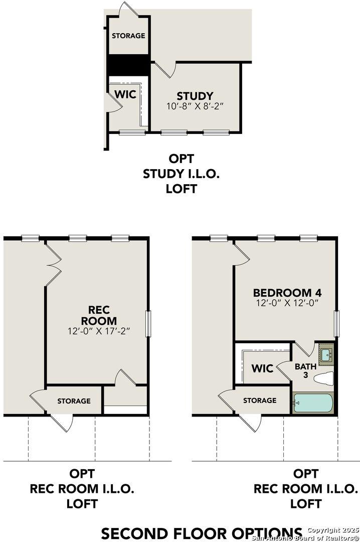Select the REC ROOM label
point(99,315)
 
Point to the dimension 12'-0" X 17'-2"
point(99,331)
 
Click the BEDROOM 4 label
point(287,293)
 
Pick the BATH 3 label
point(305,370)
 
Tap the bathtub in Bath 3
point(312,402)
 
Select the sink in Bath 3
point(325,354)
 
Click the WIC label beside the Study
point(125,94)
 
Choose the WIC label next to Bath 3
point(262,369)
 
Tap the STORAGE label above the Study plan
point(128,36)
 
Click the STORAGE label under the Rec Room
point(74,400)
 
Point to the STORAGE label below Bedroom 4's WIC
point(260,400)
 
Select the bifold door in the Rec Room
point(54,261)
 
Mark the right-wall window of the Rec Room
point(149,324)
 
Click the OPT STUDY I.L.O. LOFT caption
point(181,174)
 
